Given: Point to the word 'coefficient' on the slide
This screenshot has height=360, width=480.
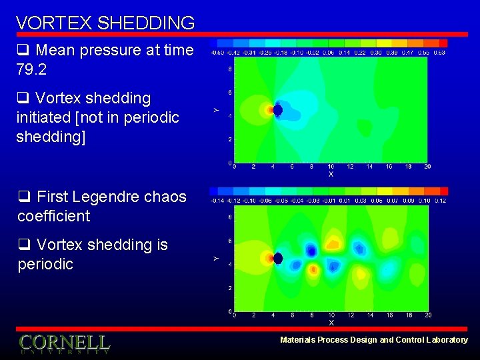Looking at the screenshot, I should (x=53, y=216).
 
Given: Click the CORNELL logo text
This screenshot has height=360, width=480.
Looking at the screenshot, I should (x=64, y=343).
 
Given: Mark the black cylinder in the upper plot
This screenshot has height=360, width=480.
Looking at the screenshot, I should (x=278, y=109).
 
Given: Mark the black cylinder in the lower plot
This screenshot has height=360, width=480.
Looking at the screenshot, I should (x=278, y=258).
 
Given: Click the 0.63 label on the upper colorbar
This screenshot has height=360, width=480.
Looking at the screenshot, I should (x=439, y=52).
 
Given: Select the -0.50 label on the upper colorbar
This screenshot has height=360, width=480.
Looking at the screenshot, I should (x=217, y=52).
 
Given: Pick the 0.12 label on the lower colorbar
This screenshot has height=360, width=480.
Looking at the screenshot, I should (x=439, y=201).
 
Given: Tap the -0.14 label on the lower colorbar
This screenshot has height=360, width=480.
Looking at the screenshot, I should (x=217, y=201).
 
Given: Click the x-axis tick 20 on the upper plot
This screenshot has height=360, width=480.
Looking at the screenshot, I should (x=427, y=167).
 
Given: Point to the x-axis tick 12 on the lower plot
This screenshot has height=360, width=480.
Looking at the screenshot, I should (x=351, y=315).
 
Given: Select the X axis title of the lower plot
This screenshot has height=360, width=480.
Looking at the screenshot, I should (x=331, y=323).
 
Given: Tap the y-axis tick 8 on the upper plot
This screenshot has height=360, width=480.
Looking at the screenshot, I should (x=230, y=68).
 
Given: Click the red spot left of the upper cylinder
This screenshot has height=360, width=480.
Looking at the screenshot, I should (x=270, y=109).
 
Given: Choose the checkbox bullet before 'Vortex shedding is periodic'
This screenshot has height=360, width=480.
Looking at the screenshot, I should (x=23, y=245).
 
